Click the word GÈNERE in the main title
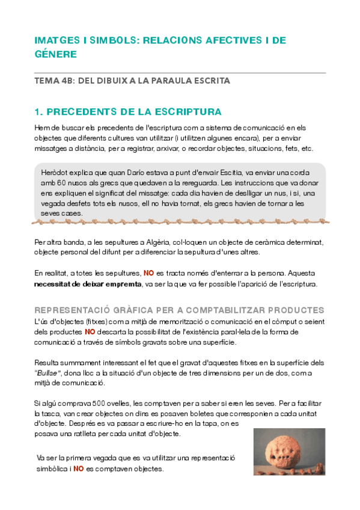coord(55,54)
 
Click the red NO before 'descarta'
coord(90,331)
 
